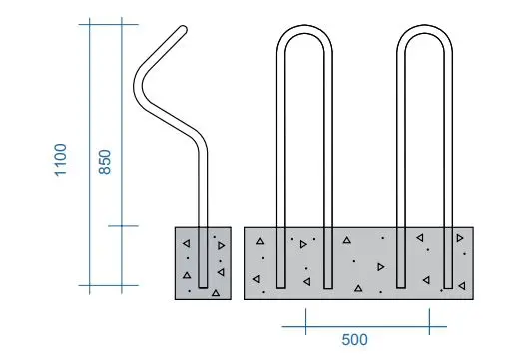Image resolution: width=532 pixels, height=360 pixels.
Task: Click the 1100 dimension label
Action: (62, 160)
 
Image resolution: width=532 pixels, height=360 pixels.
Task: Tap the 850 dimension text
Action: (105, 160)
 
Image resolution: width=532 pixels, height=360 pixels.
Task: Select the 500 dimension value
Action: (354, 338)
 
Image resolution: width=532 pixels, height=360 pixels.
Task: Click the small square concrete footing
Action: (202, 262)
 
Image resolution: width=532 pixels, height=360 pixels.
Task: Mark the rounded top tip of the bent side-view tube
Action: (184, 31)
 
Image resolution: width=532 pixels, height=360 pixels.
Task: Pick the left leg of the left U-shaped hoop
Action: (280, 160)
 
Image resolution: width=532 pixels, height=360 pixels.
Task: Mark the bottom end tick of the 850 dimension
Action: (122, 226)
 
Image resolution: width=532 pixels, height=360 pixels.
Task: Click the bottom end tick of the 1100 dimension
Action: (91, 285)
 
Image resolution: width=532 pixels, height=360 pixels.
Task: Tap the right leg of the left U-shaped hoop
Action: (328, 160)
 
